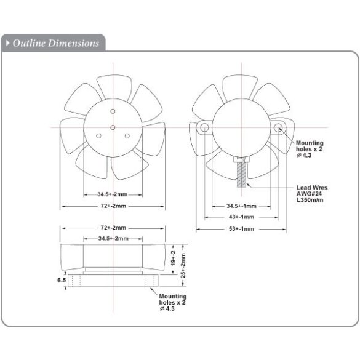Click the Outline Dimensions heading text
coord(55,43)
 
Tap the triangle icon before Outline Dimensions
coord(8,43)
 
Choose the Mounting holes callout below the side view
coord(174,302)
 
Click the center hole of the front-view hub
coord(113,127)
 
